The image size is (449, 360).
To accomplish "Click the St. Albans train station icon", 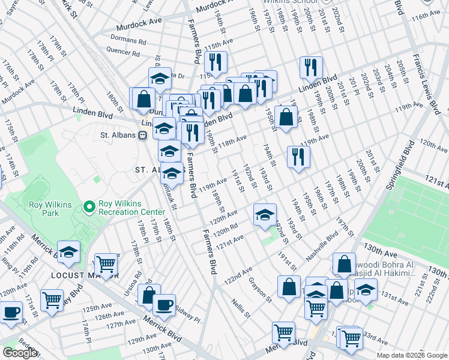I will pyautogui.click(x=143, y=135).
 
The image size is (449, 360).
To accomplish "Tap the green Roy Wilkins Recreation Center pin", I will pyautogui.click(x=89, y=208).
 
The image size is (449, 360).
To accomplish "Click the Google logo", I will pyautogui.click(x=20, y=353).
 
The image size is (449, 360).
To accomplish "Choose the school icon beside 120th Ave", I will pyautogui.click(x=264, y=216).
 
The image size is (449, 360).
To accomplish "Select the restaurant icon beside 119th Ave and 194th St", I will pyautogui.click(x=298, y=157).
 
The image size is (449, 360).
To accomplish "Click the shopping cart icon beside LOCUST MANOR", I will pyautogui.click(x=106, y=264).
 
